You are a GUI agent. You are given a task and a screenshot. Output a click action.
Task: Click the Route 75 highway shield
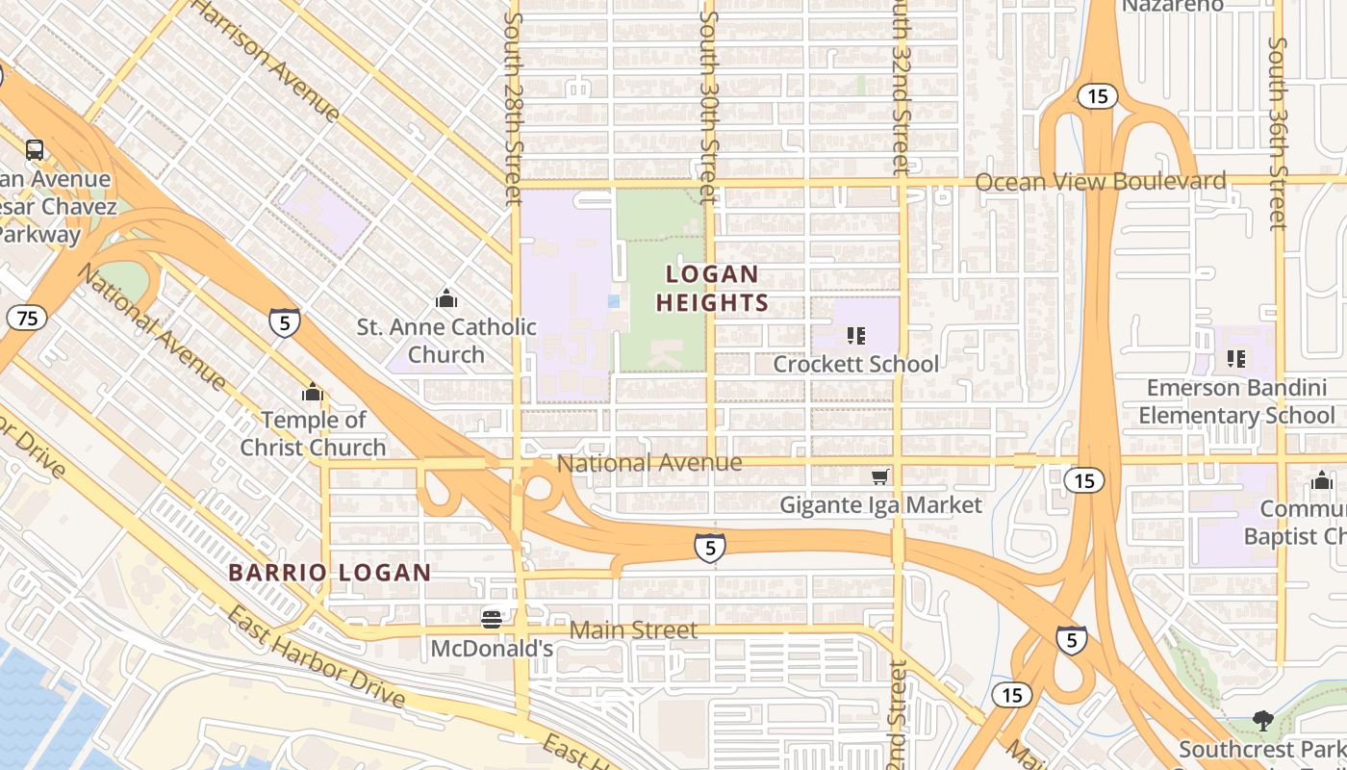(28, 318)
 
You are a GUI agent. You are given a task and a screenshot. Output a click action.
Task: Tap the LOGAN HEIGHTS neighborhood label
(712, 289)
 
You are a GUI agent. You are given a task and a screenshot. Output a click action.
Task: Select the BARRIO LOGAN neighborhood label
(330, 573)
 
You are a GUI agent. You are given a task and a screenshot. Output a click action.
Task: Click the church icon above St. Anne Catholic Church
(445, 297)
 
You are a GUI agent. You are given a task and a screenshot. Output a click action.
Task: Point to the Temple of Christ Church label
(314, 433)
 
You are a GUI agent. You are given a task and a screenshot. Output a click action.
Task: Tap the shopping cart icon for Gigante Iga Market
(879, 476)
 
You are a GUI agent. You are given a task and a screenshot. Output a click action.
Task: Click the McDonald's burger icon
(492, 618)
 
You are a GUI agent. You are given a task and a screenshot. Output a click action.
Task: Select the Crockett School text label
(855, 364)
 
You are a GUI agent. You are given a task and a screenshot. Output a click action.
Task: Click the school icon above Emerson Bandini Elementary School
(1236, 359)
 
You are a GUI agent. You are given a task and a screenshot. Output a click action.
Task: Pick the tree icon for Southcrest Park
(1262, 720)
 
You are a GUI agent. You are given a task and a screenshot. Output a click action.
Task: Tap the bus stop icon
(35, 149)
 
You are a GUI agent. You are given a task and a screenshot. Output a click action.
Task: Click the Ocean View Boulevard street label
(1101, 182)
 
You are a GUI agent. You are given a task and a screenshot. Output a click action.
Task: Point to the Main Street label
(634, 630)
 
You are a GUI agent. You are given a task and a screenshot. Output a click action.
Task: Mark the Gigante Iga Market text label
(880, 504)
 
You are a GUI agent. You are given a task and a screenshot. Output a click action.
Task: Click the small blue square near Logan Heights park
(614, 301)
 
